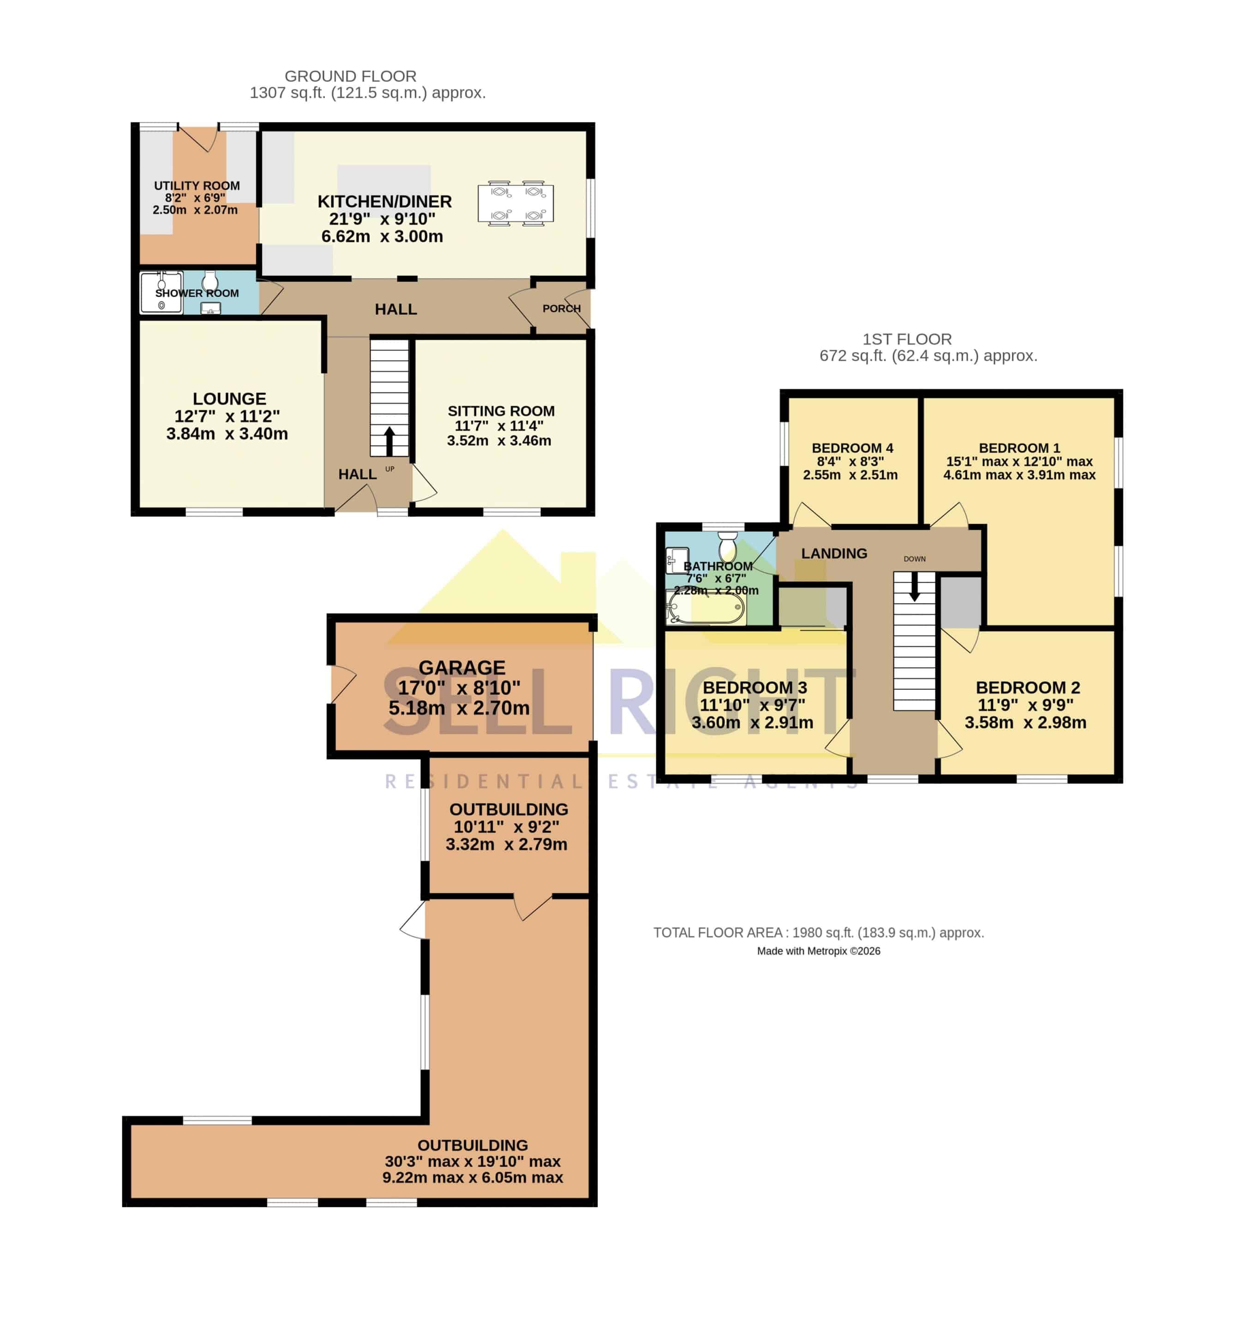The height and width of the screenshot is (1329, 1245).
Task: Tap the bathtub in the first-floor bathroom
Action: tap(706, 608)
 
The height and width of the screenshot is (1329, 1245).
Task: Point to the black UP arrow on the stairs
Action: tap(389, 441)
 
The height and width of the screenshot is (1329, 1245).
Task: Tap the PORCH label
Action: tap(561, 308)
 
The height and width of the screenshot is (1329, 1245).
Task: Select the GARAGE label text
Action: tap(461, 667)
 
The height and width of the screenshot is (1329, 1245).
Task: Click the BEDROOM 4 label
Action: tap(852, 448)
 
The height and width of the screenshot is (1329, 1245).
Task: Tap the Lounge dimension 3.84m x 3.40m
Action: tap(227, 433)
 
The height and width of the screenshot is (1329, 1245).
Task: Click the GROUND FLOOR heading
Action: tap(350, 76)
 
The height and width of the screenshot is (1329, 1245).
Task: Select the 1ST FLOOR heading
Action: tap(907, 339)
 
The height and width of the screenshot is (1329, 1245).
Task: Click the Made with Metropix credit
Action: tap(819, 951)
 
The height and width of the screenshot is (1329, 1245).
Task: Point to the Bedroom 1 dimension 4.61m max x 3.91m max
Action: tap(1019, 475)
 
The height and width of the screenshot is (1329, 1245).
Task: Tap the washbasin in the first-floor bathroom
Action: tap(677, 560)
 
